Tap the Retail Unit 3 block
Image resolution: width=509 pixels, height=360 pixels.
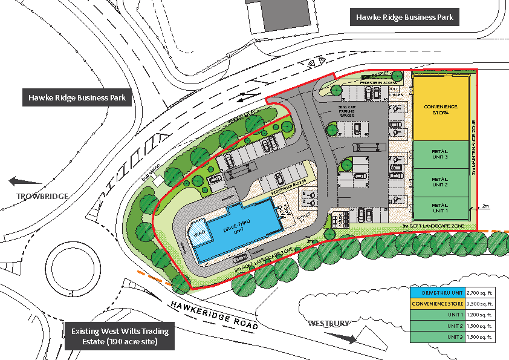(x=440, y=154)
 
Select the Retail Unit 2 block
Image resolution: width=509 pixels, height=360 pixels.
(x=440, y=182)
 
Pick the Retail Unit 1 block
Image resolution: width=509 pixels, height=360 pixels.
(x=440, y=209)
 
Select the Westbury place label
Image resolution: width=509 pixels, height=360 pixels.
(x=329, y=323)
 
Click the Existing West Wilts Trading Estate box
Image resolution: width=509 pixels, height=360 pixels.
(x=120, y=336)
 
